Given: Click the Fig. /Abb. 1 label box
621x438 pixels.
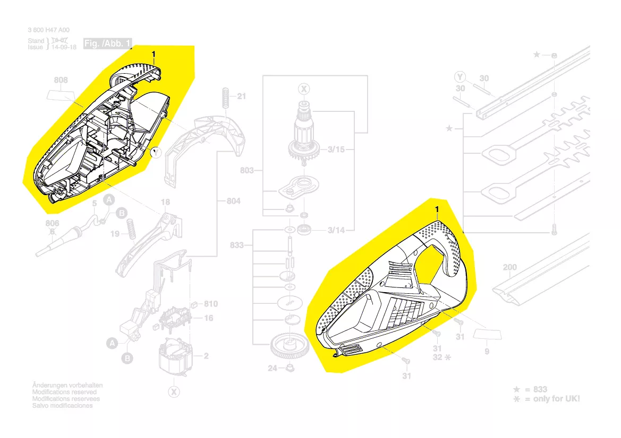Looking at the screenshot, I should pos(108,44).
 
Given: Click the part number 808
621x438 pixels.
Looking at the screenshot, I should pos(61,81).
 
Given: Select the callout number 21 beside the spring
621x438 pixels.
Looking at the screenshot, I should pos(242,97).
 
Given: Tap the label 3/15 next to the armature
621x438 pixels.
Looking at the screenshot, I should pos(336,150).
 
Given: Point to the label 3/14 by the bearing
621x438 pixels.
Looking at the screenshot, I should pos(336,230).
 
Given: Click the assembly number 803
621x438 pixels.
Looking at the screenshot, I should pos(247,171).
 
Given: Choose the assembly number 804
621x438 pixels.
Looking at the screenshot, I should pos(234,201).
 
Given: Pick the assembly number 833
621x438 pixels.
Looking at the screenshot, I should pos(237,245).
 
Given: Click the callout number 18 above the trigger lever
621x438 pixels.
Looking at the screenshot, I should pos(165,202).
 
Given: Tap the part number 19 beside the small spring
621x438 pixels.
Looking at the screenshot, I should pos(115,233).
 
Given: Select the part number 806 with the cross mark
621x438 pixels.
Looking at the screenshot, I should pos(53,223).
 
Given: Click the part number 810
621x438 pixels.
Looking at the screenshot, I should pos(211,304).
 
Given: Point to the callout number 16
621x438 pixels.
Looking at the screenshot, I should pos(209,318).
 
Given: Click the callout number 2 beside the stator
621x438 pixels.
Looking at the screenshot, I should pos(206,356).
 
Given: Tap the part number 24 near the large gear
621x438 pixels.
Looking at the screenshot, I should pos(273,368).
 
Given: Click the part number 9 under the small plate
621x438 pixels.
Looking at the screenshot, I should pos(487,352).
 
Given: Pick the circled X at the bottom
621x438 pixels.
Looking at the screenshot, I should pos(173,392).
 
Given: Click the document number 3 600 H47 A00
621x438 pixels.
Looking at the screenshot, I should pos(48,31).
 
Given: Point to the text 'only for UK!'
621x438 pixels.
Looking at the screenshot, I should pos(552,399).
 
